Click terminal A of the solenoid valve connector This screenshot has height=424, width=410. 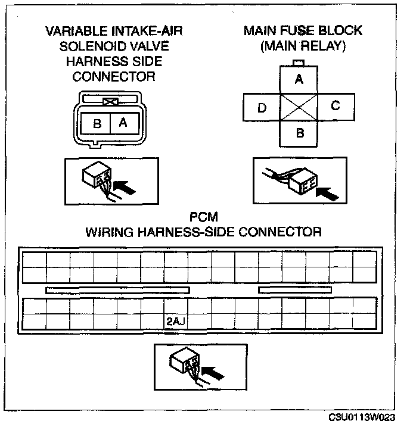[x=123, y=123]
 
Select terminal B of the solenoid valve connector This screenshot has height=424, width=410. [x=97, y=124]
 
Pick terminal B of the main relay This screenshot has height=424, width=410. [x=300, y=133]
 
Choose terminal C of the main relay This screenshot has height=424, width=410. [x=336, y=106]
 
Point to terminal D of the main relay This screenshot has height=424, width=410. [x=262, y=108]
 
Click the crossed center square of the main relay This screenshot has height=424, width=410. [x=300, y=107]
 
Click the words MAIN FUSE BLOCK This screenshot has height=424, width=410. [x=303, y=31]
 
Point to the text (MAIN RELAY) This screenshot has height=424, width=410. [x=303, y=46]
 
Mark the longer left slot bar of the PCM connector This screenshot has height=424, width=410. [x=117, y=290]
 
